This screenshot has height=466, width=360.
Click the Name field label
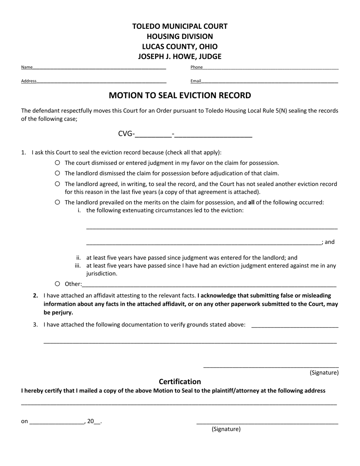(x=27, y=67)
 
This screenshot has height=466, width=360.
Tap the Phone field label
(x=196, y=67)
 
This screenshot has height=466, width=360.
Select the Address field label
(x=29, y=81)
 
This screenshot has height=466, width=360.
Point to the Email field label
(x=196, y=81)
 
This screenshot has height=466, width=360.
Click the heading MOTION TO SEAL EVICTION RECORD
(x=180, y=95)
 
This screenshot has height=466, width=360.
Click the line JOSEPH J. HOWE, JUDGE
(x=180, y=56)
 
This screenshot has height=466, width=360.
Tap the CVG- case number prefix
(x=126, y=134)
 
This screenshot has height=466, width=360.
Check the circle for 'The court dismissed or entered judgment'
(x=57, y=163)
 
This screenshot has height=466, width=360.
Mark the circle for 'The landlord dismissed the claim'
(x=57, y=173)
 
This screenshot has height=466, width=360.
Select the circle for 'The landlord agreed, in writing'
(x=57, y=184)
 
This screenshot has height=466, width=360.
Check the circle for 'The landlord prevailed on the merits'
(x=57, y=202)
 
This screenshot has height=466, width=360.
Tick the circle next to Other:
(x=57, y=284)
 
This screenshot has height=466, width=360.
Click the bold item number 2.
(x=36, y=296)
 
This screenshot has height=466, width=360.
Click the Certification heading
(x=180, y=382)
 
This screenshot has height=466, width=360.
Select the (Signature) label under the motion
(x=324, y=373)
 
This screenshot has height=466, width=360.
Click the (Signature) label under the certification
(x=226, y=429)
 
